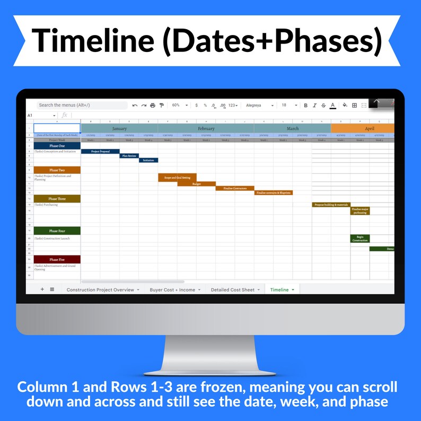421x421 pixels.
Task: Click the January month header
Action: (x=119, y=129)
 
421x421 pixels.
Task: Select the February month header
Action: (x=206, y=129)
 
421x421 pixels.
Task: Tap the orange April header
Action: (x=369, y=129)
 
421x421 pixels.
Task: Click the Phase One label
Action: (x=57, y=146)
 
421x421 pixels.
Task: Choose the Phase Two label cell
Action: (x=57, y=170)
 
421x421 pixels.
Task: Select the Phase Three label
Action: (x=57, y=199)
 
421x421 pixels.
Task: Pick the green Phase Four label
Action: (x=57, y=231)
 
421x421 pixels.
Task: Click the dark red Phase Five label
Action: (x=57, y=260)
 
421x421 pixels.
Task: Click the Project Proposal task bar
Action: (x=100, y=152)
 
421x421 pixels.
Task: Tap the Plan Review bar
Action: (x=129, y=156)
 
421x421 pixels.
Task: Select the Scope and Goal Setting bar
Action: (x=177, y=178)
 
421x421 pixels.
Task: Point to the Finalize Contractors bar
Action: (x=235, y=188)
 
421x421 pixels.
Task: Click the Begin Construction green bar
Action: (x=359, y=239)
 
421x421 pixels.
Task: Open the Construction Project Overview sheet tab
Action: (x=101, y=290)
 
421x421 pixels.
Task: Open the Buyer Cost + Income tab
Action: (x=172, y=290)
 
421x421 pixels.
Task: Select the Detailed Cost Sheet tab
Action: (x=233, y=290)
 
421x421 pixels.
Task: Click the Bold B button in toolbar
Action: (x=305, y=106)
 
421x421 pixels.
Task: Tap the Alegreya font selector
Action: (x=259, y=106)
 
